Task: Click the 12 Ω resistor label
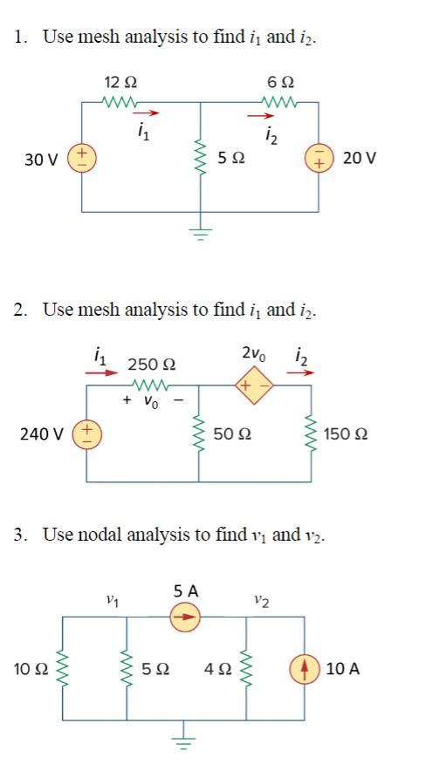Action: click(120, 82)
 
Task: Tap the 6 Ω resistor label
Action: click(283, 82)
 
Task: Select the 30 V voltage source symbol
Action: click(82, 159)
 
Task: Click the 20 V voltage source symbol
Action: click(317, 159)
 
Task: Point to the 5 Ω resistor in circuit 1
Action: click(202, 159)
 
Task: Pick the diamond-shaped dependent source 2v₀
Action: click(254, 385)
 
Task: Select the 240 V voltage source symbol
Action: click(86, 433)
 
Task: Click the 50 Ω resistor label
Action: click(231, 433)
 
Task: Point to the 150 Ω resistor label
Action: click(345, 433)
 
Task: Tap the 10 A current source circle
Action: click(305, 669)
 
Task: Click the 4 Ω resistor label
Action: click(218, 669)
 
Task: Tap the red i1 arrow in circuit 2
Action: click(101, 372)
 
